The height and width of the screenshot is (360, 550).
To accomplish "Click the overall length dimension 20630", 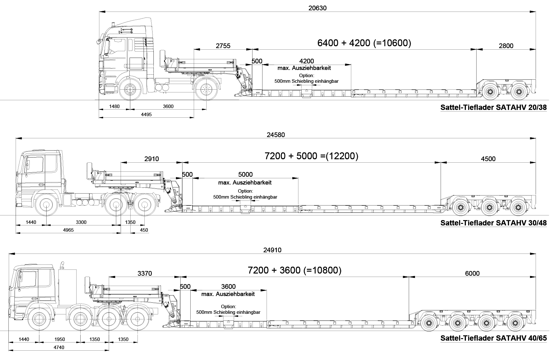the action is [x=317, y=8].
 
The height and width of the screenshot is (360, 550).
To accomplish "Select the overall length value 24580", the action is [x=276, y=135].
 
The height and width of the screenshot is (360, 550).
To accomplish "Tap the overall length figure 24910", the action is [x=272, y=250].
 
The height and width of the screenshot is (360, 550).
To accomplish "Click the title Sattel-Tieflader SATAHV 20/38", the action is [x=493, y=107].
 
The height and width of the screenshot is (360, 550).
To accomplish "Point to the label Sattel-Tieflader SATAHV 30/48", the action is [x=493, y=223].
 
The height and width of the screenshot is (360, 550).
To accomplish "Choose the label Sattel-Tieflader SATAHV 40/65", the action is [x=493, y=338].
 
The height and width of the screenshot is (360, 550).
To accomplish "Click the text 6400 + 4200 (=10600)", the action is [x=364, y=43].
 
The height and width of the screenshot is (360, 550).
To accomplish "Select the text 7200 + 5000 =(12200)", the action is [x=311, y=156].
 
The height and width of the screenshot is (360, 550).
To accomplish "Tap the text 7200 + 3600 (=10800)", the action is [x=294, y=270].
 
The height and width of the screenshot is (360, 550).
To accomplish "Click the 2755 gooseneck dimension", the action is [x=223, y=46].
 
